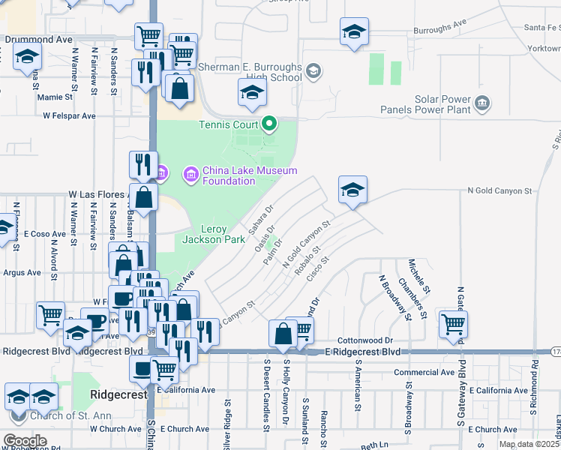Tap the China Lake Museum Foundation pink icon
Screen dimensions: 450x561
click(x=190, y=175)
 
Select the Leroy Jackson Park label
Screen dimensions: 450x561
click(x=213, y=234)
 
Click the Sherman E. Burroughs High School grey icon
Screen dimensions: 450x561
click(x=313, y=71)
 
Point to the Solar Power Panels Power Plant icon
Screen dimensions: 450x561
click(x=481, y=102)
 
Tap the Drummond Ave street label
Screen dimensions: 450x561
click(x=38, y=38)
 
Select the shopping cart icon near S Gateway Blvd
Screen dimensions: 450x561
click(x=453, y=323)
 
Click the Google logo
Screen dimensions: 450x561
click(x=24, y=441)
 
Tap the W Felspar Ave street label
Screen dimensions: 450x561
click(x=70, y=116)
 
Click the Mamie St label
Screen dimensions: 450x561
click(x=55, y=97)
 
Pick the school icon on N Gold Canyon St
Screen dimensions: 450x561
click(x=352, y=188)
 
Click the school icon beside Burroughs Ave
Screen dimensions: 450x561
click(x=354, y=31)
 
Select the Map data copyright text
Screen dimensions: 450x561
click(x=529, y=444)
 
